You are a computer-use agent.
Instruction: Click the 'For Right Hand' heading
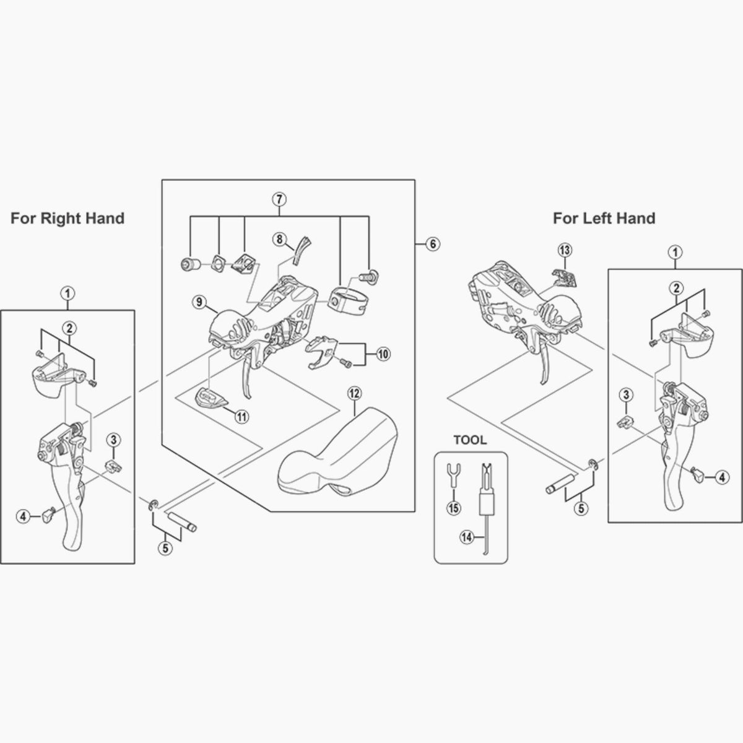click(x=67, y=218)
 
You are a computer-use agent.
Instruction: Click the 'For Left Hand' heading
click(x=604, y=218)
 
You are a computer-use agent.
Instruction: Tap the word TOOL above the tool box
click(x=471, y=441)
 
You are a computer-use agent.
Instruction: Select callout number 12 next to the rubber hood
click(x=354, y=393)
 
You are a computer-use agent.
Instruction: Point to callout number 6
click(x=433, y=244)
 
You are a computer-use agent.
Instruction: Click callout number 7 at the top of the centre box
click(x=279, y=199)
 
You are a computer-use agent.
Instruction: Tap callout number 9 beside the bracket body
click(x=199, y=302)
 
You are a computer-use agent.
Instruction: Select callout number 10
click(x=383, y=354)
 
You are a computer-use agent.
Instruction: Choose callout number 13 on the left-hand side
click(x=564, y=250)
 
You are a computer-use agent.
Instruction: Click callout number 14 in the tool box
click(x=466, y=537)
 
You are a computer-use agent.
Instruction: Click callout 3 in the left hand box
click(x=626, y=394)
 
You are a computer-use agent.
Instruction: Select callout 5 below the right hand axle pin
click(x=164, y=547)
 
